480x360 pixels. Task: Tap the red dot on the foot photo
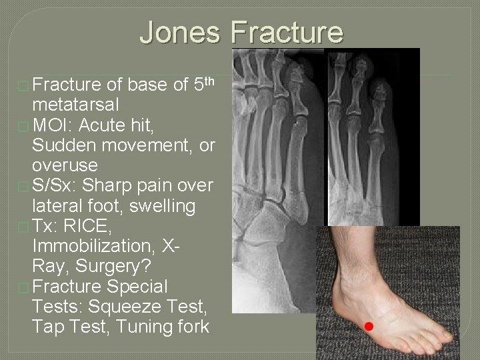(x=369, y=326)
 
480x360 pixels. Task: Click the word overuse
(x=64, y=165)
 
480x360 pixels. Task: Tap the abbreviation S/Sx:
(x=57, y=185)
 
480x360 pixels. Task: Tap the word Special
(x=138, y=287)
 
